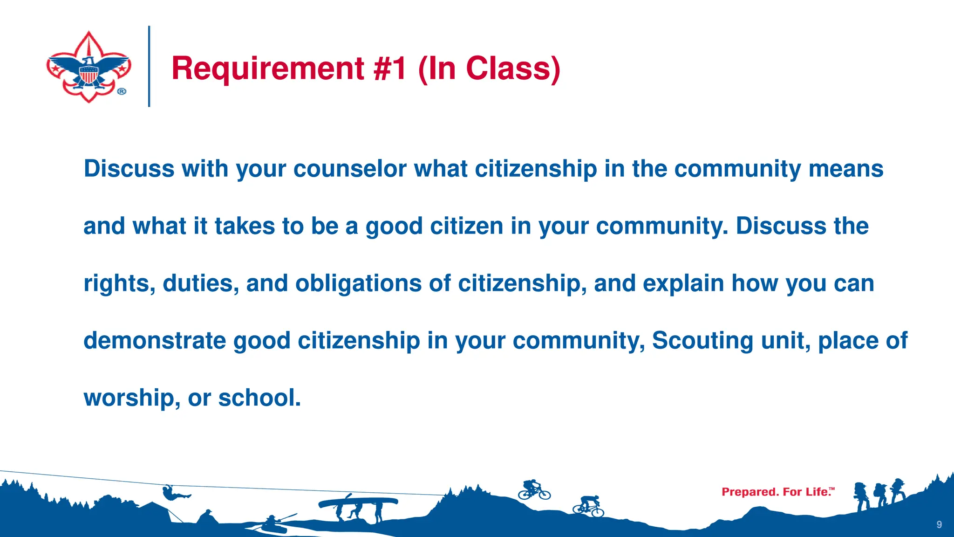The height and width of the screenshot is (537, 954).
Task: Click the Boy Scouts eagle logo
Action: pyautogui.click(x=89, y=67)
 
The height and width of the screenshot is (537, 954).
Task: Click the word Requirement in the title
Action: pyautogui.click(x=268, y=69)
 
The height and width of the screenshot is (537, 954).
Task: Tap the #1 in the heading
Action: pyautogui.click(x=390, y=69)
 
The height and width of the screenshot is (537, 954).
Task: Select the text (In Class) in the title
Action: pyautogui.click(x=489, y=69)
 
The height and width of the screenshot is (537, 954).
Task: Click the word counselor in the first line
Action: pyautogui.click(x=350, y=169)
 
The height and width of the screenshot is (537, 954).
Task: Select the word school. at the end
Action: pyautogui.click(x=259, y=398)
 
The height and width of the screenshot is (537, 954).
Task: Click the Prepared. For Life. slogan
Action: pyautogui.click(x=777, y=492)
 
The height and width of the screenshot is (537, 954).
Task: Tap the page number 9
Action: pyautogui.click(x=939, y=524)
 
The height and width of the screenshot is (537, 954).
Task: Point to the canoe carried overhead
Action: pyautogui.click(x=358, y=503)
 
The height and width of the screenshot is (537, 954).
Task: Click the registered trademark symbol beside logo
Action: pyautogui.click(x=121, y=91)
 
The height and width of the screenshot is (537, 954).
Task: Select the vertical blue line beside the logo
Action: pyautogui.click(x=149, y=66)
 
